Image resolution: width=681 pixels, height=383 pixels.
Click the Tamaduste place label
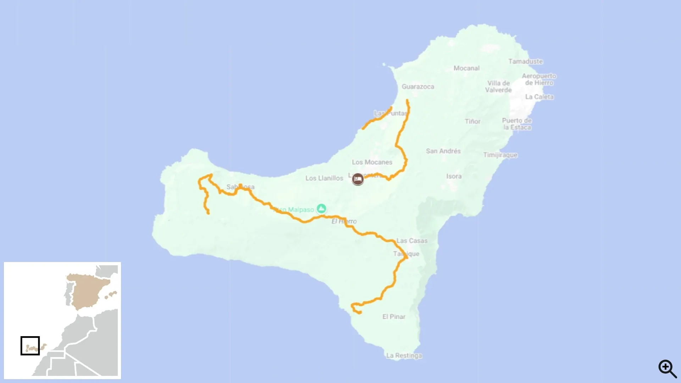[525, 61]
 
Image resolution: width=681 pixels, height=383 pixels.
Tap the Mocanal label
[466, 68]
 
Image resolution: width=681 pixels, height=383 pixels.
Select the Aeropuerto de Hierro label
[539, 79]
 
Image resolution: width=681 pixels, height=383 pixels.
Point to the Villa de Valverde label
[498, 87]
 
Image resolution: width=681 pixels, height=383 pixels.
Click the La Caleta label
[539, 97]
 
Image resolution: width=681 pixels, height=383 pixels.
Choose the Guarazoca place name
[418, 87]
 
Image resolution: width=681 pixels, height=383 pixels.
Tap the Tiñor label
[472, 121]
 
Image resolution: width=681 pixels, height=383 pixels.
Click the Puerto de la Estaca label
[517, 124]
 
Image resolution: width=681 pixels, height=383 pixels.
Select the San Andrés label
[443, 151]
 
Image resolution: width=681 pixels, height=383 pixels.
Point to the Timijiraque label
[500, 155]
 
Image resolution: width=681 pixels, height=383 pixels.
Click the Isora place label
[454, 176]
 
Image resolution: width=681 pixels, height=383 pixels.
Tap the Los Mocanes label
[372, 162]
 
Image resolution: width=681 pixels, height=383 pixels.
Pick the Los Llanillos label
[324, 178]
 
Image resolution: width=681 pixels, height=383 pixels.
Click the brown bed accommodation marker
[358, 179]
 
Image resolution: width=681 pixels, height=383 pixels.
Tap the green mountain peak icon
[321, 209]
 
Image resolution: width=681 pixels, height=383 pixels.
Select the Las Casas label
[412, 241]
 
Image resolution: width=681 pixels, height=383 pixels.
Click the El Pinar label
[394, 317]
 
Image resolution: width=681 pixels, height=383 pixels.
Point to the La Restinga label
[404, 355]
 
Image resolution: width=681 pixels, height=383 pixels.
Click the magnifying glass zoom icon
[667, 368]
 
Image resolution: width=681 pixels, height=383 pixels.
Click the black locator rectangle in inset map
[30, 345]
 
